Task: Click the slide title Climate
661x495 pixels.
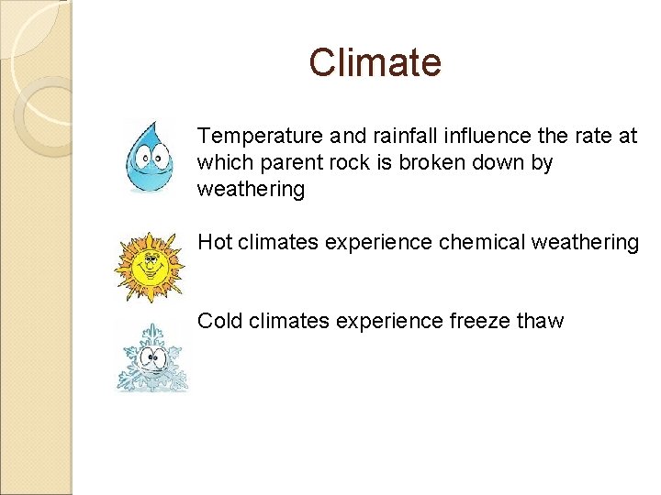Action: click(x=375, y=63)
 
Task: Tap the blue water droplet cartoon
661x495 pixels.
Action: click(x=149, y=158)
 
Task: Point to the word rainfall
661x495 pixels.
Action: click(x=407, y=137)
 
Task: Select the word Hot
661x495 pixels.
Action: click(x=215, y=243)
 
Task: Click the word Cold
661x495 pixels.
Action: click(x=220, y=322)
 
